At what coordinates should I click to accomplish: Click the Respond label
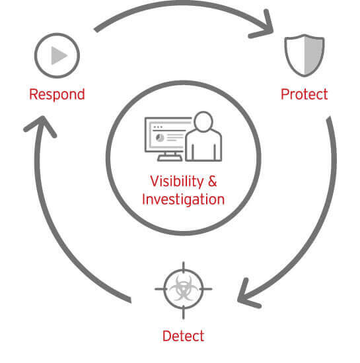(57, 94)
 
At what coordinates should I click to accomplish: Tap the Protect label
(305, 94)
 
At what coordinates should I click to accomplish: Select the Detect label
(184, 335)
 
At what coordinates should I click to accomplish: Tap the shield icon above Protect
(304, 57)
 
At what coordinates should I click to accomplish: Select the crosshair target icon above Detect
(184, 288)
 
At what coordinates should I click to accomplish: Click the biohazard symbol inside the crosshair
(184, 288)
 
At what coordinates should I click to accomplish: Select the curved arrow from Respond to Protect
(178, 12)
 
